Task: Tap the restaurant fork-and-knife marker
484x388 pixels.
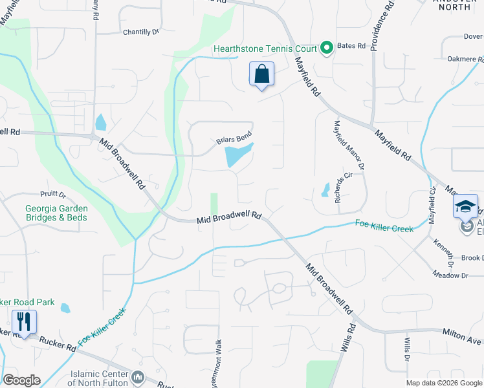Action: pos(24,321)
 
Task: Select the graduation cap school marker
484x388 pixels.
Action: pos(465,206)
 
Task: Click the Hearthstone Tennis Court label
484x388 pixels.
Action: pos(266,48)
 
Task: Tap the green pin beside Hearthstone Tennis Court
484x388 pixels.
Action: pos(327,48)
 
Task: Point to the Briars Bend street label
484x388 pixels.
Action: pos(234,138)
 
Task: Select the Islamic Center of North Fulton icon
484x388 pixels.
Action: pos(137,376)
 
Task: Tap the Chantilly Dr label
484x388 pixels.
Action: pos(141,32)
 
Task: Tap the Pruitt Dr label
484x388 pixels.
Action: pos(53,193)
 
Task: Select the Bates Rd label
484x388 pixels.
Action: pos(351,47)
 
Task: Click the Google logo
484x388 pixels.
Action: pos(21,380)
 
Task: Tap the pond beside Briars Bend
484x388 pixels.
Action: pos(237,155)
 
